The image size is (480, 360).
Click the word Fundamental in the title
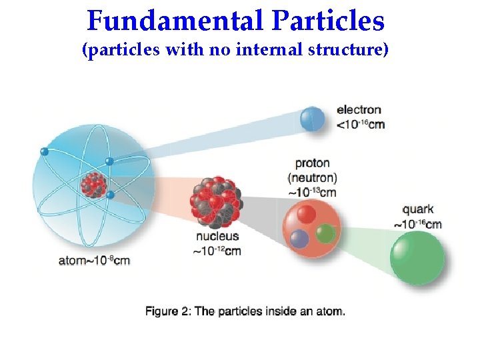(175, 21)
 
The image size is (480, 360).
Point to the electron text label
(359, 109)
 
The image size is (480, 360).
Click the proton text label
(312, 163)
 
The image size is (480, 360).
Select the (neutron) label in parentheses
(312, 178)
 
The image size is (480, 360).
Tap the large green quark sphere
(417, 257)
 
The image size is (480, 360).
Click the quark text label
(418, 210)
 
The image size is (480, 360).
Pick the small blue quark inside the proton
(299, 238)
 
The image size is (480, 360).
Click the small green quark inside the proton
(325, 233)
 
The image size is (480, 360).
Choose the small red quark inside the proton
(306, 214)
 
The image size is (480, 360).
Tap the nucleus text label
(217, 237)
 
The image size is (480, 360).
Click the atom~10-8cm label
(94, 261)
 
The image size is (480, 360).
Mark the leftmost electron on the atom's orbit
(45, 151)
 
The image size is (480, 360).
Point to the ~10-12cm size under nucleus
(217, 251)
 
